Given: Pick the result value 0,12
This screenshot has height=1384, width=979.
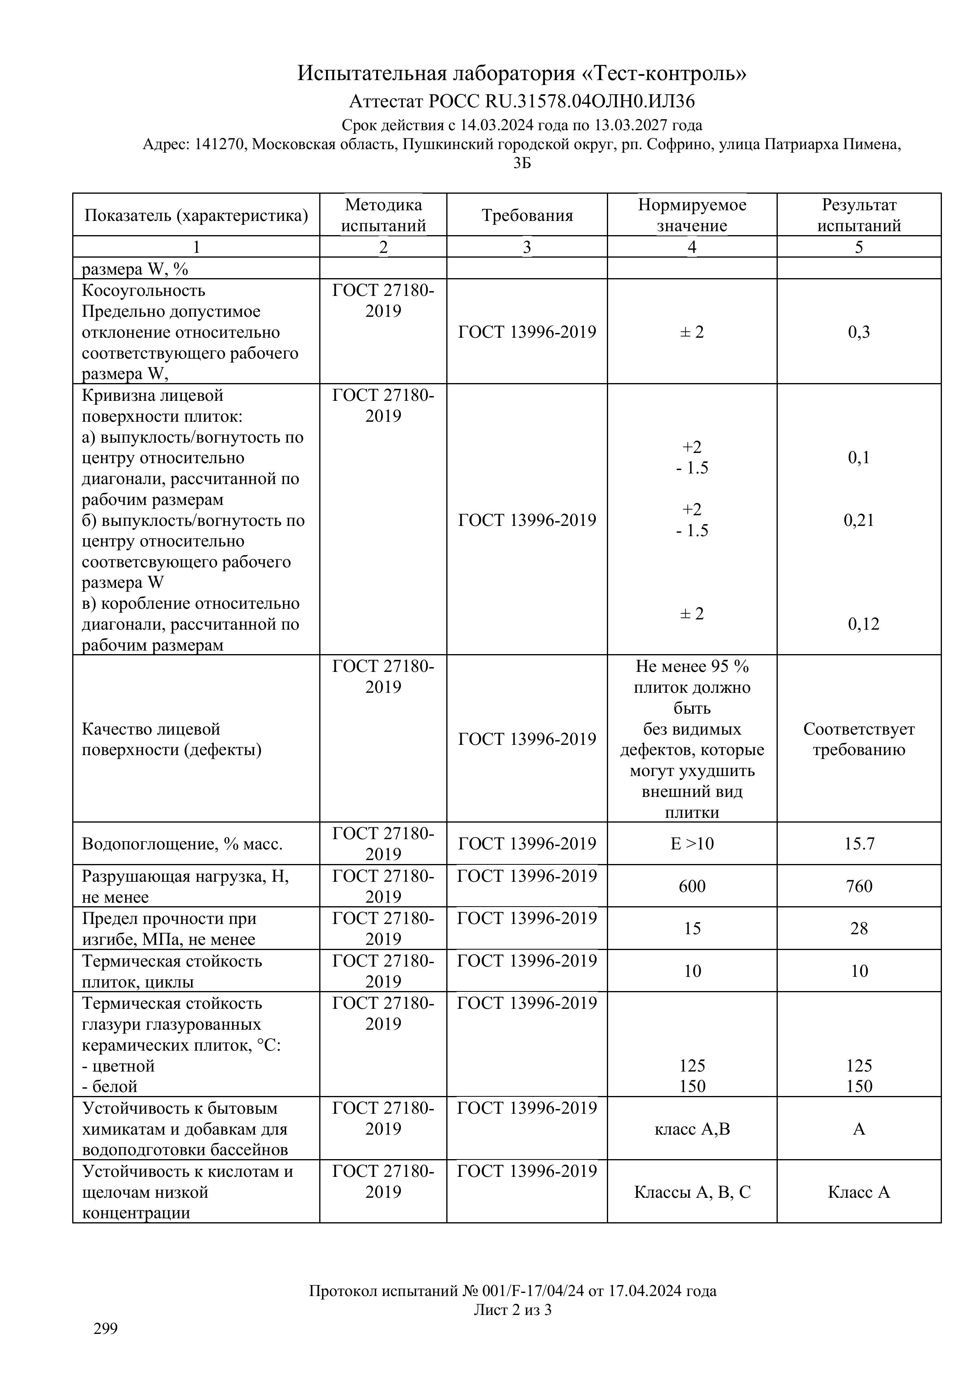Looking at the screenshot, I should (x=863, y=624).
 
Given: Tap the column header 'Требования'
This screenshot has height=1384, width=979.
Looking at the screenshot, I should (x=527, y=215).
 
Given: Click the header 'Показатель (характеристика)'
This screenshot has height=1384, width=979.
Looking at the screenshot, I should (x=196, y=215).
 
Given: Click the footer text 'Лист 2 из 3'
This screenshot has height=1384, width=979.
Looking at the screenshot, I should (x=513, y=1309).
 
